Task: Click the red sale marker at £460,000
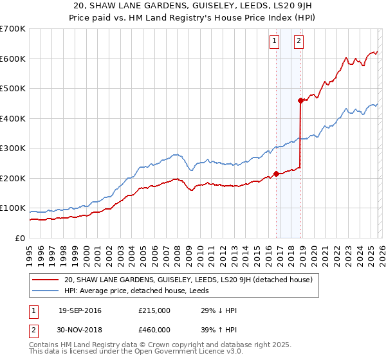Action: coord(300,100)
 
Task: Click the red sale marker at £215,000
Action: coord(276,174)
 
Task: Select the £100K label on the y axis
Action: coord(13,208)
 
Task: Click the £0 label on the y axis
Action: coord(19,238)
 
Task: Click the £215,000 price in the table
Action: coord(154,310)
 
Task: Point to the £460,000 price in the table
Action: coord(154,328)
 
